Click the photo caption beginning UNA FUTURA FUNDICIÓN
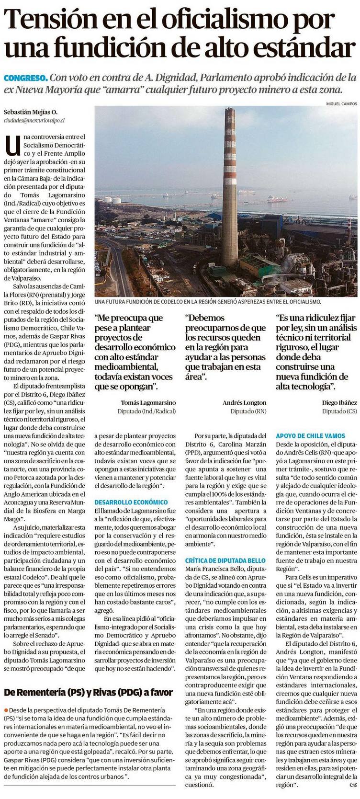(x=207, y=302)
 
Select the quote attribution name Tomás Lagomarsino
(x=142, y=403)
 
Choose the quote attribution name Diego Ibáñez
(x=339, y=403)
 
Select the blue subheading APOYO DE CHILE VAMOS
(x=310, y=436)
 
